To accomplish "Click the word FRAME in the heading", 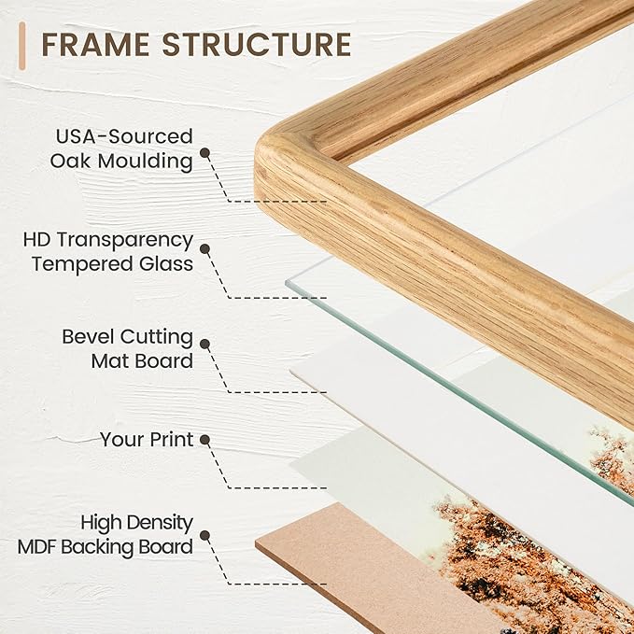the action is pos(95,45).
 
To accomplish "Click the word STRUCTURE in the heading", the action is pos(257,45).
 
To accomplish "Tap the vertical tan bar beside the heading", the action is pos(21,46).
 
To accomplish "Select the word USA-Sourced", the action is pos(124,136).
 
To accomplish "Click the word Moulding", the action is pos(145,161).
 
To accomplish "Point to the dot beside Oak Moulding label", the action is pos(205,152).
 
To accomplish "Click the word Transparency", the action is pos(124,241).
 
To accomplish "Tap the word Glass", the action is pos(166,263).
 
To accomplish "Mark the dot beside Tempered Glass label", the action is pos(205,249).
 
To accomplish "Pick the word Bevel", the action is pos(89,336).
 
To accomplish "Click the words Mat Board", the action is pos(142,360).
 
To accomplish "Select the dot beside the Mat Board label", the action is pos(205,345).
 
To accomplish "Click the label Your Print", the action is pos(147,440).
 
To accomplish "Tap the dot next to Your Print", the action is pos(205,440).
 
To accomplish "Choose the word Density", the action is pos(159,523).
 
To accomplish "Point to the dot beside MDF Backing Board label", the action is pos(205,536).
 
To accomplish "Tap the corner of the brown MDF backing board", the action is pos(256,544).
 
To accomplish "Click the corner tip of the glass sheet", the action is pos(286,282).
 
